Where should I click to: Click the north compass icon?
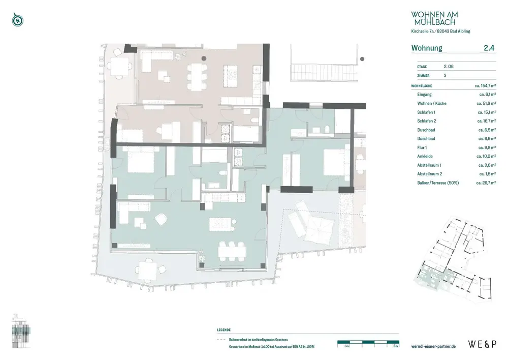(x=18, y=21)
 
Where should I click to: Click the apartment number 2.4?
(x=489, y=48)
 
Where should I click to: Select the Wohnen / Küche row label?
(x=431, y=103)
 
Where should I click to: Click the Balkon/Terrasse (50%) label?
(x=437, y=183)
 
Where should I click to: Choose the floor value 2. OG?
(x=449, y=67)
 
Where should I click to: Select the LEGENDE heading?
(x=224, y=330)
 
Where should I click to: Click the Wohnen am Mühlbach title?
(x=433, y=19)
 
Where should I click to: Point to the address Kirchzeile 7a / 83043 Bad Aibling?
(x=440, y=32)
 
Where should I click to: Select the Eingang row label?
(x=424, y=95)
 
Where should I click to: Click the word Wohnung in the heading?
(x=427, y=48)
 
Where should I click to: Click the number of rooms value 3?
(x=445, y=75)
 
